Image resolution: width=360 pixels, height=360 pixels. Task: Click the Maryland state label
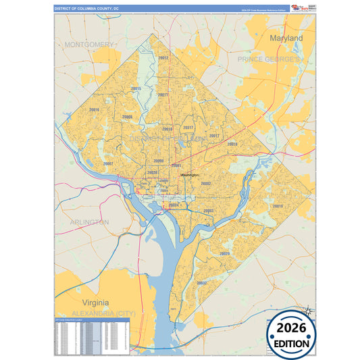click(x=286, y=39)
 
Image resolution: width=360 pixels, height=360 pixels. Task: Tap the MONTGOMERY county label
click(x=89, y=45)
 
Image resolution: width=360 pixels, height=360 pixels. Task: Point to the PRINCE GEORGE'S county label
click(x=268, y=60)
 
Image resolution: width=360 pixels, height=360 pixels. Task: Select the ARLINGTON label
click(x=89, y=222)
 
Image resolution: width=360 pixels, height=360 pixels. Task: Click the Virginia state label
click(x=95, y=303)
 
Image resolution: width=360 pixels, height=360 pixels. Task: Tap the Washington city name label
click(x=190, y=175)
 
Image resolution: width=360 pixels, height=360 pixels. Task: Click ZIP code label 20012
click(x=163, y=59)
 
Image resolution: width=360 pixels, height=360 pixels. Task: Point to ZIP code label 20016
click(x=94, y=109)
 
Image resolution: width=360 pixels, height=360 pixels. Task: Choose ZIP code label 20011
click(x=163, y=95)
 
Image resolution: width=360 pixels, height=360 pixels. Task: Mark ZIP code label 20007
click(x=108, y=163)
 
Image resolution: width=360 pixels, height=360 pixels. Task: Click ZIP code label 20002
click(x=206, y=184)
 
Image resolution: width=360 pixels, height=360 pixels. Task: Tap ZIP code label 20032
click(x=201, y=283)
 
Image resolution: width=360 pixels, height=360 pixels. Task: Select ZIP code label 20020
click(x=224, y=253)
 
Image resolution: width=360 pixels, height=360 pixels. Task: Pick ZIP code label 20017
click(x=188, y=128)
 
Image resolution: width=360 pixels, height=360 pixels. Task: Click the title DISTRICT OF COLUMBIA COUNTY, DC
click(x=86, y=8)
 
